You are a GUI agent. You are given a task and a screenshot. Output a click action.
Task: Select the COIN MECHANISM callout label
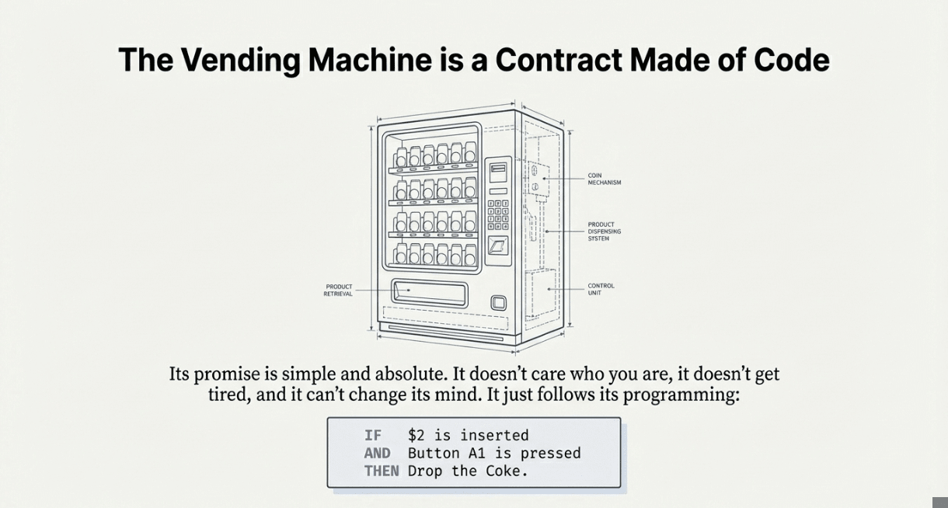[604, 179]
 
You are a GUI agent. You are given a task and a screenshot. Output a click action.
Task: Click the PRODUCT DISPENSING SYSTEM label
[604, 231]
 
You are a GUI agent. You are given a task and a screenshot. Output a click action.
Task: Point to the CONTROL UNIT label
[601, 289]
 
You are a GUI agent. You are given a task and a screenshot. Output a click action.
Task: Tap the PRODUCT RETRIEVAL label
[338, 290]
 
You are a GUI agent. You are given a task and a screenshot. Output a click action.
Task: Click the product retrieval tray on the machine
[429, 293]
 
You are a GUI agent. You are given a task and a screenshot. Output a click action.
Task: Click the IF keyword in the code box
[373, 435]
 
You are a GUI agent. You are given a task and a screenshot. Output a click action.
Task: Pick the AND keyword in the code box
[377, 453]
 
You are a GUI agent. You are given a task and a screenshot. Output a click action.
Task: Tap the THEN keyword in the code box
[382, 471]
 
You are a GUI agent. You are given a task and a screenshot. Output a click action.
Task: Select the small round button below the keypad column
[498, 302]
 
